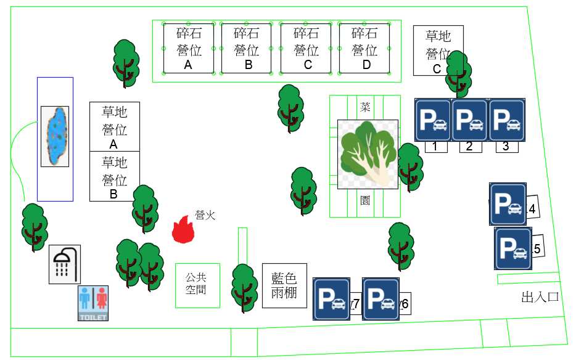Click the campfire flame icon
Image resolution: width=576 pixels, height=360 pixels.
click(x=183, y=230)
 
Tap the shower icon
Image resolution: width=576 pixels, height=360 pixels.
click(x=65, y=264)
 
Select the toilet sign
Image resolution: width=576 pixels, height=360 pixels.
click(x=93, y=303)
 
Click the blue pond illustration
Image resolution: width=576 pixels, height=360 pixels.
click(x=55, y=136)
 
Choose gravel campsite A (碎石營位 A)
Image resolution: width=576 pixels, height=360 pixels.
click(x=189, y=48)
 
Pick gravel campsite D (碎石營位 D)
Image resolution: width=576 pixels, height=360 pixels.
click(x=364, y=48)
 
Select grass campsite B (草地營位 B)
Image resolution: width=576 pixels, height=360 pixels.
click(x=115, y=176)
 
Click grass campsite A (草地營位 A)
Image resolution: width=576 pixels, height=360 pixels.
click(x=115, y=126)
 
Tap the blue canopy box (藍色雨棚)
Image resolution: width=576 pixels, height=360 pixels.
click(x=284, y=286)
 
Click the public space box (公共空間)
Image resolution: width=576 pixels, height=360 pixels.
click(x=197, y=285)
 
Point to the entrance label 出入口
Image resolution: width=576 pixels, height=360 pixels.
click(x=540, y=297)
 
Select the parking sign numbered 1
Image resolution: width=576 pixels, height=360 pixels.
click(x=433, y=120)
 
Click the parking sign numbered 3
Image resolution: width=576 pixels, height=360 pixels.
click(x=507, y=120)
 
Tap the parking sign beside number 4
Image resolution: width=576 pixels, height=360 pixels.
click(x=508, y=204)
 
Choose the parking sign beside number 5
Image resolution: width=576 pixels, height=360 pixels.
click(x=513, y=248)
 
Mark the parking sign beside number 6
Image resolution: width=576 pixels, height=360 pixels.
click(x=381, y=299)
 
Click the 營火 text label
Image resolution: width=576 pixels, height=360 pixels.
click(x=205, y=215)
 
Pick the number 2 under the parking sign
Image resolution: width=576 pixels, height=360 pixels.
click(x=469, y=147)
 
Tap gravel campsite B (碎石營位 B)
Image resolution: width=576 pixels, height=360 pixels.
click(x=247, y=48)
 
